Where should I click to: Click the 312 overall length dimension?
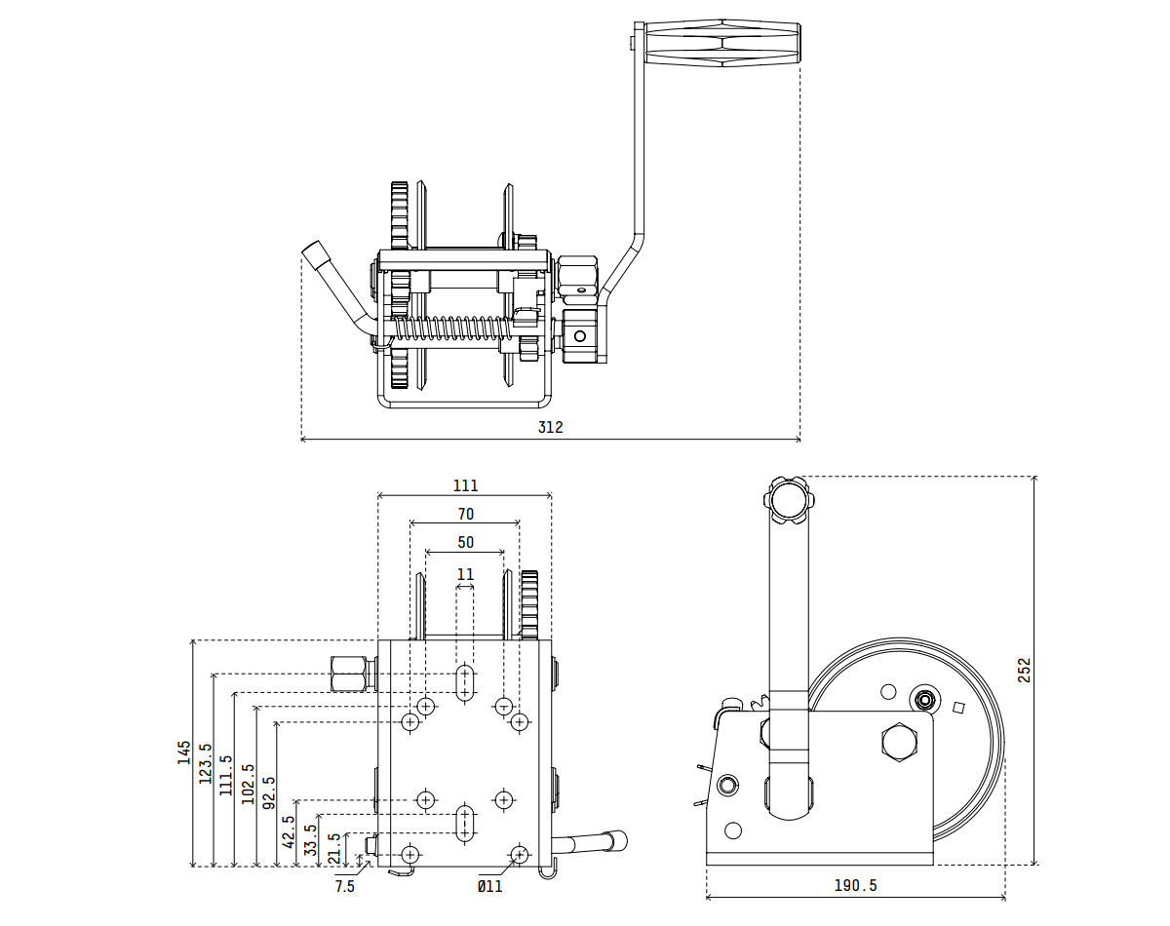coord(550,427)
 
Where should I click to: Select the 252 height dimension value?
coord(1024,670)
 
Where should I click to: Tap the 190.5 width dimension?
coord(855,885)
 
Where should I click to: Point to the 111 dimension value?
coord(465,485)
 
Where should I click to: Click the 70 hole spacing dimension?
coord(465,514)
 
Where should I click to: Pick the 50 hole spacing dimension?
coord(465,542)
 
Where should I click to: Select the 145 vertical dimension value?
coord(183,752)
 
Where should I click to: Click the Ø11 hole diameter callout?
coord(489,886)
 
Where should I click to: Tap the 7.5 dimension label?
coord(345,886)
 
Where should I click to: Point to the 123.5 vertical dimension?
coord(205,763)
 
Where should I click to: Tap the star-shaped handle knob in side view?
coord(788,498)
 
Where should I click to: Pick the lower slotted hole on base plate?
coord(465,821)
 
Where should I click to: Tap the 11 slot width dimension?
coord(465,574)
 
